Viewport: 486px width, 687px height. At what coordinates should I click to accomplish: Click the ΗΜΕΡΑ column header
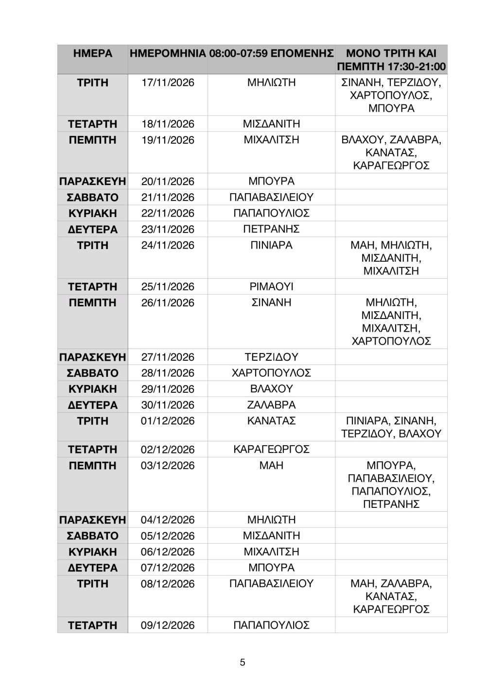click(92, 53)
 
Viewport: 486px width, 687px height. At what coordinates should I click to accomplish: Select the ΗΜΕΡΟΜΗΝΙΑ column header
click(168, 53)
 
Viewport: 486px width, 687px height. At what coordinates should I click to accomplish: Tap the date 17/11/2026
click(168, 83)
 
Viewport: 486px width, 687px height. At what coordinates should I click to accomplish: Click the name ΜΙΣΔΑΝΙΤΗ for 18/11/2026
click(271, 124)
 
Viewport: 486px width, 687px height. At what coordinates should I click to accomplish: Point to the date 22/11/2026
click(168, 213)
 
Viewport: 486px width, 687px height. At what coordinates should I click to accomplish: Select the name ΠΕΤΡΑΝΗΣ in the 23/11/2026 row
click(271, 229)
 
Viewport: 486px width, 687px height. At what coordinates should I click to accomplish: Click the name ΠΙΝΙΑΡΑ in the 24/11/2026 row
click(271, 245)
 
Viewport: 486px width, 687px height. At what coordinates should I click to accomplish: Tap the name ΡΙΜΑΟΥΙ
click(271, 286)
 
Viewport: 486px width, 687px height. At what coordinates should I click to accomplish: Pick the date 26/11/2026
click(168, 302)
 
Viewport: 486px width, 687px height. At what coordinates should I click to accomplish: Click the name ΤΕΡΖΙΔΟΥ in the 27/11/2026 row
click(271, 357)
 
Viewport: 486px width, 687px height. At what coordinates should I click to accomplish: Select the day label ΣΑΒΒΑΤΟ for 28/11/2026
click(92, 373)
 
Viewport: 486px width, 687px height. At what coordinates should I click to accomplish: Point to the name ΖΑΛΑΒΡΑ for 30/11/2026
click(271, 405)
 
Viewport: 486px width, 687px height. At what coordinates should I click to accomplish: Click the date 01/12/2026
click(168, 421)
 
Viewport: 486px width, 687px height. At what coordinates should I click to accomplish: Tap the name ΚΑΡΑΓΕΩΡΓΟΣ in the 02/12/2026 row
click(271, 449)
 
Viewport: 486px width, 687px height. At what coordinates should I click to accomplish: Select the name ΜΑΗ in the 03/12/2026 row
click(271, 465)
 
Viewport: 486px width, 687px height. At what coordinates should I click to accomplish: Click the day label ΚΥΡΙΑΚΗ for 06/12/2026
click(92, 552)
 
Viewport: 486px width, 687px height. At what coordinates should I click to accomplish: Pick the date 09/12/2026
click(168, 625)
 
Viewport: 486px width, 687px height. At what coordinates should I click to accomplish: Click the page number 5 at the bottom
click(243, 662)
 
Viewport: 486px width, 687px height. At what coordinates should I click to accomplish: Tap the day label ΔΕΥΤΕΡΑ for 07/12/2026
click(92, 568)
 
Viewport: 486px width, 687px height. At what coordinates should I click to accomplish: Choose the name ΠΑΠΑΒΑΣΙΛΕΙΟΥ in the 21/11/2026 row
click(271, 197)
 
